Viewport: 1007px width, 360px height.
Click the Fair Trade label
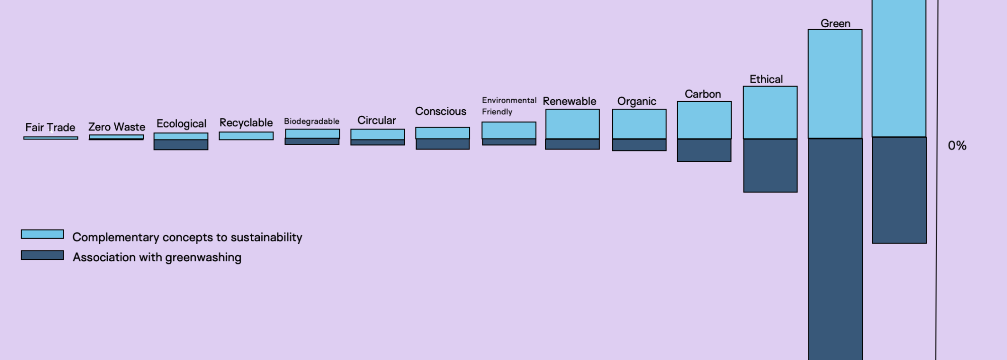click(50, 127)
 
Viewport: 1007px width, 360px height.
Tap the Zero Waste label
click(117, 127)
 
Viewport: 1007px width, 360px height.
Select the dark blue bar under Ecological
click(181, 145)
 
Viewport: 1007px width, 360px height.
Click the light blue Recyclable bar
click(246, 136)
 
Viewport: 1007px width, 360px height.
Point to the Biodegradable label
click(312, 121)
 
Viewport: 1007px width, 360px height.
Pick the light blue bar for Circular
click(378, 134)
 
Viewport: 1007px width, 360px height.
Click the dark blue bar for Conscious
click(443, 144)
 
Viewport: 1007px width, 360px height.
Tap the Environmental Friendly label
click(509, 106)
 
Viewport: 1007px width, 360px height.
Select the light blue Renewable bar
click(572, 124)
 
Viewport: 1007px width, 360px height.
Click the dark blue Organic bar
click(639, 145)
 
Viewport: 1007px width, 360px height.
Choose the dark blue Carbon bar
click(704, 150)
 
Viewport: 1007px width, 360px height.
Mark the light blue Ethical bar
click(770, 112)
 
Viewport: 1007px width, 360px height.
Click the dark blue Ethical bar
click(770, 165)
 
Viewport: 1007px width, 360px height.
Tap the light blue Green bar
click(835, 84)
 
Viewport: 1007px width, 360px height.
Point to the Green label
click(835, 24)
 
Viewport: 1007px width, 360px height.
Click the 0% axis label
click(957, 146)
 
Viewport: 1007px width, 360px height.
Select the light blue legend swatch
click(42, 234)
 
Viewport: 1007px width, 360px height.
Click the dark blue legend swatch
click(42, 255)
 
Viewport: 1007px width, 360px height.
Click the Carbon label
click(702, 94)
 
